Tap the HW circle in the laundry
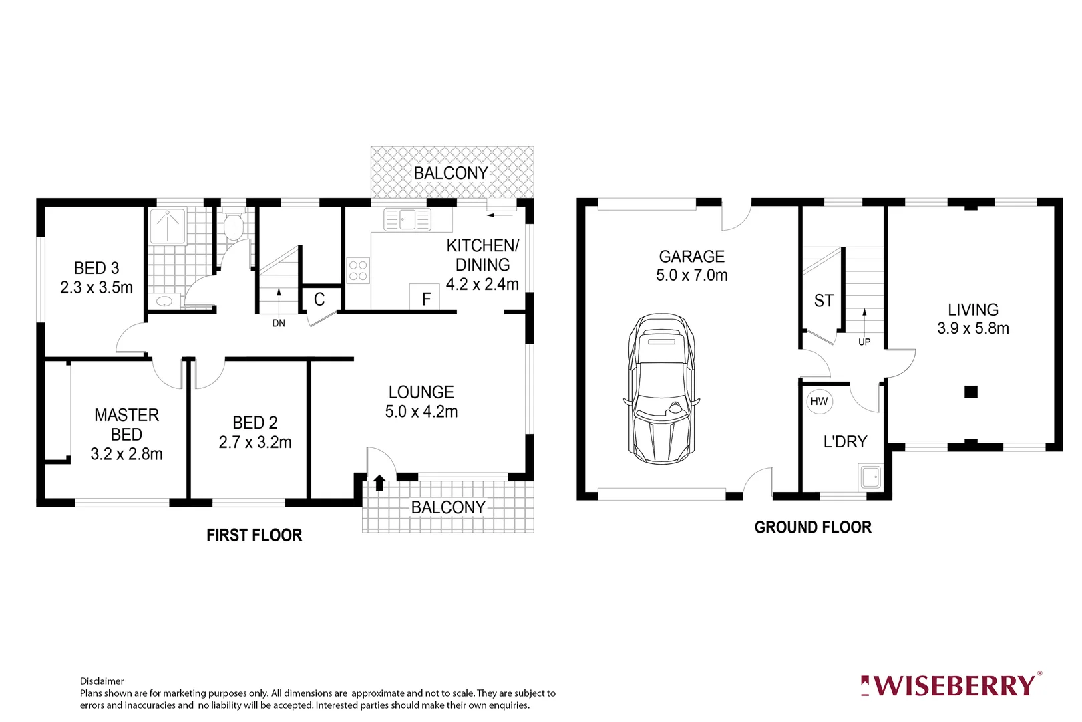(819, 401)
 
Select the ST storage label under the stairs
(824, 301)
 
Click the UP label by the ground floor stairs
(864, 342)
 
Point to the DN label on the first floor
(279, 323)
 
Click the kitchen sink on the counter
(407, 219)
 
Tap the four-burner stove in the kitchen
(358, 271)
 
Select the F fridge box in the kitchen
(426, 298)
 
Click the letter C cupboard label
(319, 299)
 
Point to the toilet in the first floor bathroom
(233, 227)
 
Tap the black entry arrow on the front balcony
(379, 482)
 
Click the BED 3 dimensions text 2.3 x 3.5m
(96, 287)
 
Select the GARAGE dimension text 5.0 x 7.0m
(691, 275)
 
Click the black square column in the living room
(971, 392)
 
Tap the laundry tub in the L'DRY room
(870, 477)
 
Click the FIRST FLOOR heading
(254, 535)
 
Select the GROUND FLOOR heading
(813, 527)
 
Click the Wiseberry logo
(950, 685)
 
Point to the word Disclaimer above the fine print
(102, 681)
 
